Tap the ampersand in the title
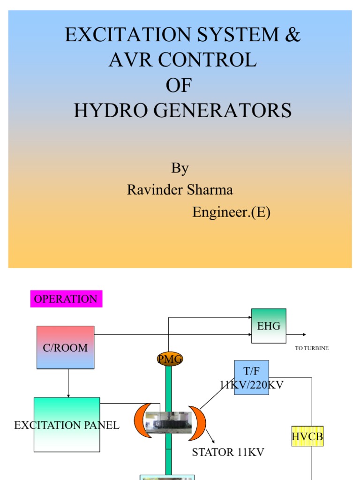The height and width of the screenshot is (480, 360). point(292,36)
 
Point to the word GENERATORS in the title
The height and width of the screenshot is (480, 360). point(227,111)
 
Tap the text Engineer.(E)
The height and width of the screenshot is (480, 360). point(231,212)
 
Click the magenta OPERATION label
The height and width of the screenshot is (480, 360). point(66,299)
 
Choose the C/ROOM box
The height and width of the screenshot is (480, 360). point(65,347)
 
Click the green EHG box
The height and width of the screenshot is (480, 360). point(269,326)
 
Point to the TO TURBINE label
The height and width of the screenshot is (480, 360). point(312,348)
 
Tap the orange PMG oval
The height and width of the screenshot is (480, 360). point(169,360)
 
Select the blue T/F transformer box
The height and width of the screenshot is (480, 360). point(251,377)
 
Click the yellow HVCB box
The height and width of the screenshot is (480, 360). point(307,436)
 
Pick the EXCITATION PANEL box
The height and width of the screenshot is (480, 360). point(67,425)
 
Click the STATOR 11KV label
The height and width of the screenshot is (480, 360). point(228,452)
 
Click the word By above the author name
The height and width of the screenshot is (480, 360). point(180,168)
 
